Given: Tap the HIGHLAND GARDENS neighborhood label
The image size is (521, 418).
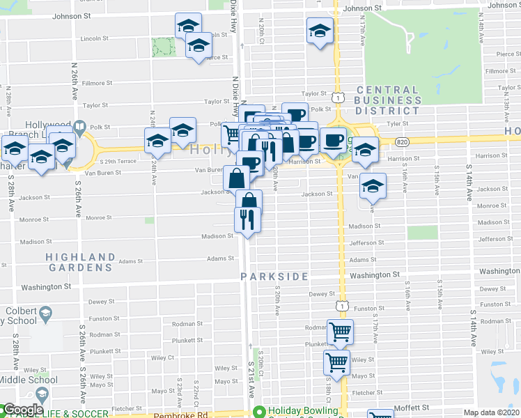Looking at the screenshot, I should tap(80, 262).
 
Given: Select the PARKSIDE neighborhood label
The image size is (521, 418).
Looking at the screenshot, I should tap(275, 277).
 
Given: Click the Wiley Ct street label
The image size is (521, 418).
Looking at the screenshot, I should tap(162, 357).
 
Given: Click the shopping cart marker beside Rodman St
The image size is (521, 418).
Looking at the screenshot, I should tap(340, 332).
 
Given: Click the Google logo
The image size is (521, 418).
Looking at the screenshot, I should tap(22, 410).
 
